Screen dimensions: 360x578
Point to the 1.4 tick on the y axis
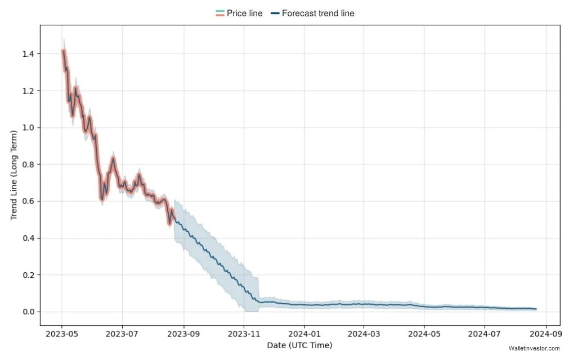click(x=28, y=54)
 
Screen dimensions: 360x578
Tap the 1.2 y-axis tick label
click(x=28, y=91)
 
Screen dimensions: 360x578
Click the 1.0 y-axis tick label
click(x=28, y=128)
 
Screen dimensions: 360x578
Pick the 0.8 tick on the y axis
click(x=28, y=165)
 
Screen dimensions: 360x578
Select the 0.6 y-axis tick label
click(x=28, y=201)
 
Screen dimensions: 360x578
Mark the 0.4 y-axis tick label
click(x=28, y=238)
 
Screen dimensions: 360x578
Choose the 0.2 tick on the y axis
click(x=28, y=275)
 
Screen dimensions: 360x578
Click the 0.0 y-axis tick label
click(x=28, y=312)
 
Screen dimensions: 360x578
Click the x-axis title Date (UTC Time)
click(x=300, y=345)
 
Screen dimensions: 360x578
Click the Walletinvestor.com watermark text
click(x=534, y=349)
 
